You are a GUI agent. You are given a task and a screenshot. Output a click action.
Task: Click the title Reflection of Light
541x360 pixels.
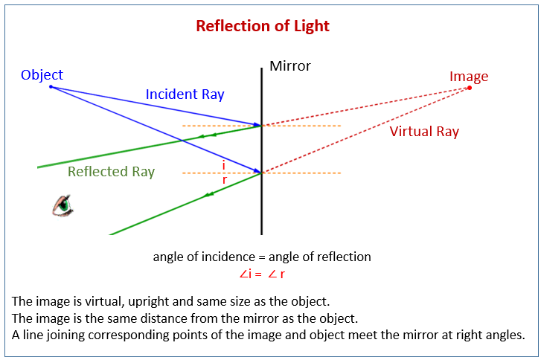[x=262, y=26]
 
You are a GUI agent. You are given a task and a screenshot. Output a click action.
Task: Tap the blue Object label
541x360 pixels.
[x=42, y=74]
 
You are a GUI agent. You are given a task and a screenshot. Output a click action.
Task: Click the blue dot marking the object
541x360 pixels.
[x=51, y=87]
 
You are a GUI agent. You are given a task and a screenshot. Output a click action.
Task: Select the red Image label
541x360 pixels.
[x=469, y=77]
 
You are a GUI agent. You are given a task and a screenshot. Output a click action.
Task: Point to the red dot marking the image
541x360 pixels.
[x=469, y=88]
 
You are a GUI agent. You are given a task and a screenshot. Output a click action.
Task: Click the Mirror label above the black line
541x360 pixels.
[x=290, y=66]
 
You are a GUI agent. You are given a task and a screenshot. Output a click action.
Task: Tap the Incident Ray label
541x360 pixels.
[x=185, y=94]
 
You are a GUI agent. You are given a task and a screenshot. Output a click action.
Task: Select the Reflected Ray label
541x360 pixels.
[x=111, y=172]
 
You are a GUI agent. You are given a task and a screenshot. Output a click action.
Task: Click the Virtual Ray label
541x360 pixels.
[x=424, y=132]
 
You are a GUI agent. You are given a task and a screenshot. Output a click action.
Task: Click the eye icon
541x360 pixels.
[x=63, y=205]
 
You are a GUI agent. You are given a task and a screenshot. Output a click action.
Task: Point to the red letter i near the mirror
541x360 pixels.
[x=223, y=165]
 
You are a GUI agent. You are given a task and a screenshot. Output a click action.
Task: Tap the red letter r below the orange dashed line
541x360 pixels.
[x=225, y=180]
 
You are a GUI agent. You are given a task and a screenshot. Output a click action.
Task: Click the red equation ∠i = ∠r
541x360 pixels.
[x=262, y=273]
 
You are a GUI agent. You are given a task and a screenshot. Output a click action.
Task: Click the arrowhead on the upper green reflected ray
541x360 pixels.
[x=213, y=135]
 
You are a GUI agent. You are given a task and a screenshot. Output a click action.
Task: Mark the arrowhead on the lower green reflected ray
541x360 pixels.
[x=209, y=195]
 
